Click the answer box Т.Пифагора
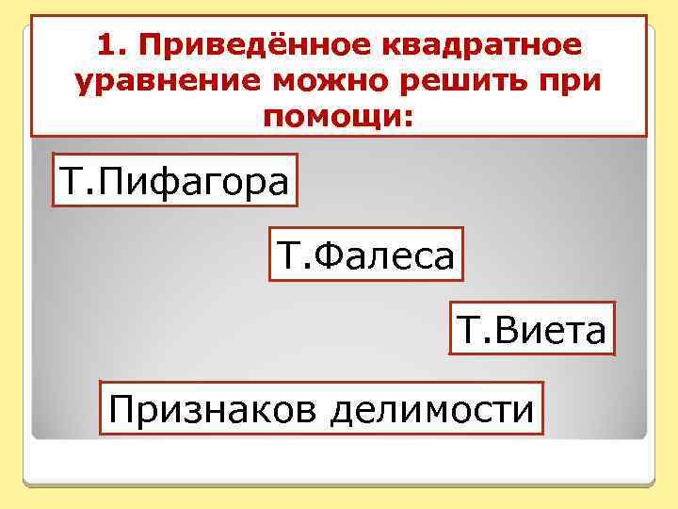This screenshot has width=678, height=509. click(174, 180)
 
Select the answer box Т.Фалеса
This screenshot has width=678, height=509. click(366, 254)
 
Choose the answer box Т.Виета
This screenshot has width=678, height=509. click(532, 329)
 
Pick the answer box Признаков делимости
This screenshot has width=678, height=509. click(321, 408)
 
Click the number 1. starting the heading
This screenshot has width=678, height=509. click(111, 46)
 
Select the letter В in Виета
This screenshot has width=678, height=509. click(503, 329)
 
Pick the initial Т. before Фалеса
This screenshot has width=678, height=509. click(290, 254)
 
